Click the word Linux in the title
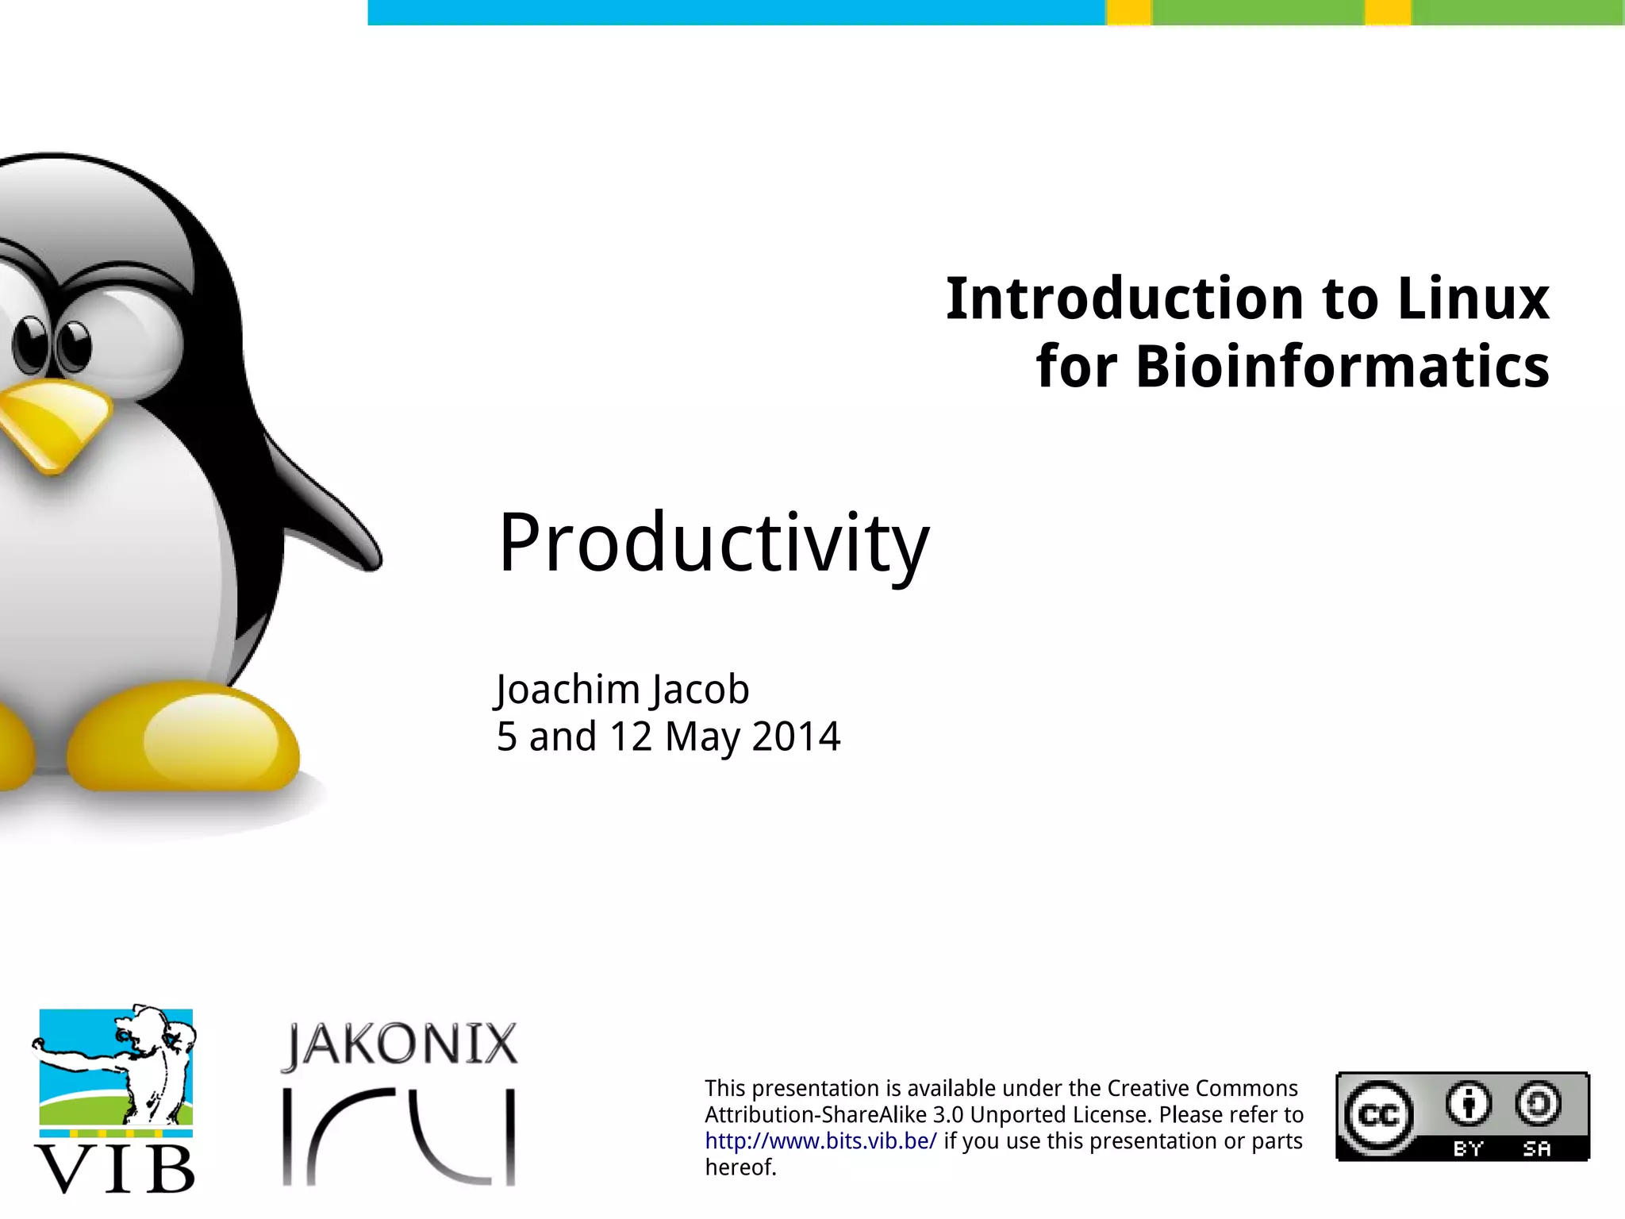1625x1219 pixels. pyautogui.click(x=1473, y=299)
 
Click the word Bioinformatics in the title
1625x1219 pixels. pyautogui.click(x=1342, y=367)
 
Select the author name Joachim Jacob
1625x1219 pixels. pyautogui.click(x=623, y=689)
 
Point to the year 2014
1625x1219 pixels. pyautogui.click(x=795, y=736)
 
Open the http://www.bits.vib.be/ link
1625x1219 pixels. pyautogui.click(x=820, y=1141)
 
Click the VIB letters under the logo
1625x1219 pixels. pyautogui.click(x=115, y=1170)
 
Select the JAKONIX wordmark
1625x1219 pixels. pyautogui.click(x=400, y=1044)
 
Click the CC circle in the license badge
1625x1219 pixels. pyautogui.click(x=1379, y=1116)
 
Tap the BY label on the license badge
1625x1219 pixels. pyautogui.click(x=1467, y=1148)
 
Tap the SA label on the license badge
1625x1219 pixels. pyautogui.click(x=1536, y=1148)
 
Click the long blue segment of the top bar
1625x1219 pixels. pyautogui.click(x=736, y=13)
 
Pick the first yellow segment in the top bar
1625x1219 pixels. pyautogui.click(x=1128, y=13)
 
